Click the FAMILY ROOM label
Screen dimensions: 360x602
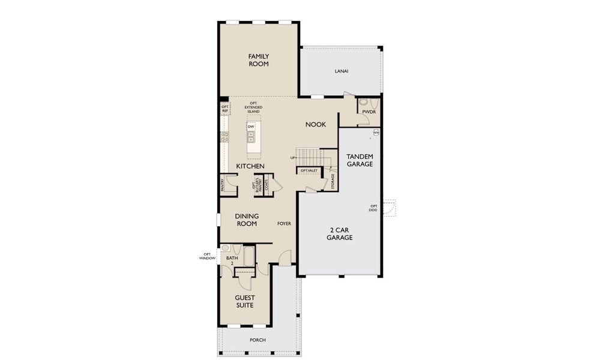[x=259, y=60]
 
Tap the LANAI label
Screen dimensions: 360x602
[x=342, y=71]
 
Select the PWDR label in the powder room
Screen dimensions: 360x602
[x=368, y=112]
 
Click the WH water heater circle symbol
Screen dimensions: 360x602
[x=376, y=133]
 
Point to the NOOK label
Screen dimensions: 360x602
[x=316, y=124]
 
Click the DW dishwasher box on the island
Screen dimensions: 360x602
[x=251, y=127]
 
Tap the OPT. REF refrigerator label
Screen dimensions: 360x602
[x=225, y=109]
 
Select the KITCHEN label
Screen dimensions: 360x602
[x=250, y=166]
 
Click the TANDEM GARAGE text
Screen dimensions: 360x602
[x=360, y=160]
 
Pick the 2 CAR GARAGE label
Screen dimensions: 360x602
[x=339, y=234]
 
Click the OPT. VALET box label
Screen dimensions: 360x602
[x=309, y=171]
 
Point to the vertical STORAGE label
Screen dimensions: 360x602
[x=333, y=182]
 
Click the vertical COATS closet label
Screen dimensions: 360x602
[x=266, y=185]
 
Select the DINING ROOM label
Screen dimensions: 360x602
[x=246, y=220]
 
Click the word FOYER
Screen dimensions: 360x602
[x=284, y=224]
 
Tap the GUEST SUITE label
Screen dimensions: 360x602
[x=244, y=302]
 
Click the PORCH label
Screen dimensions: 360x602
[x=258, y=340]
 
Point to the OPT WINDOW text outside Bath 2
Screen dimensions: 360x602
[x=206, y=256]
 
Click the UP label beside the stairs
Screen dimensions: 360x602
[x=293, y=158]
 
